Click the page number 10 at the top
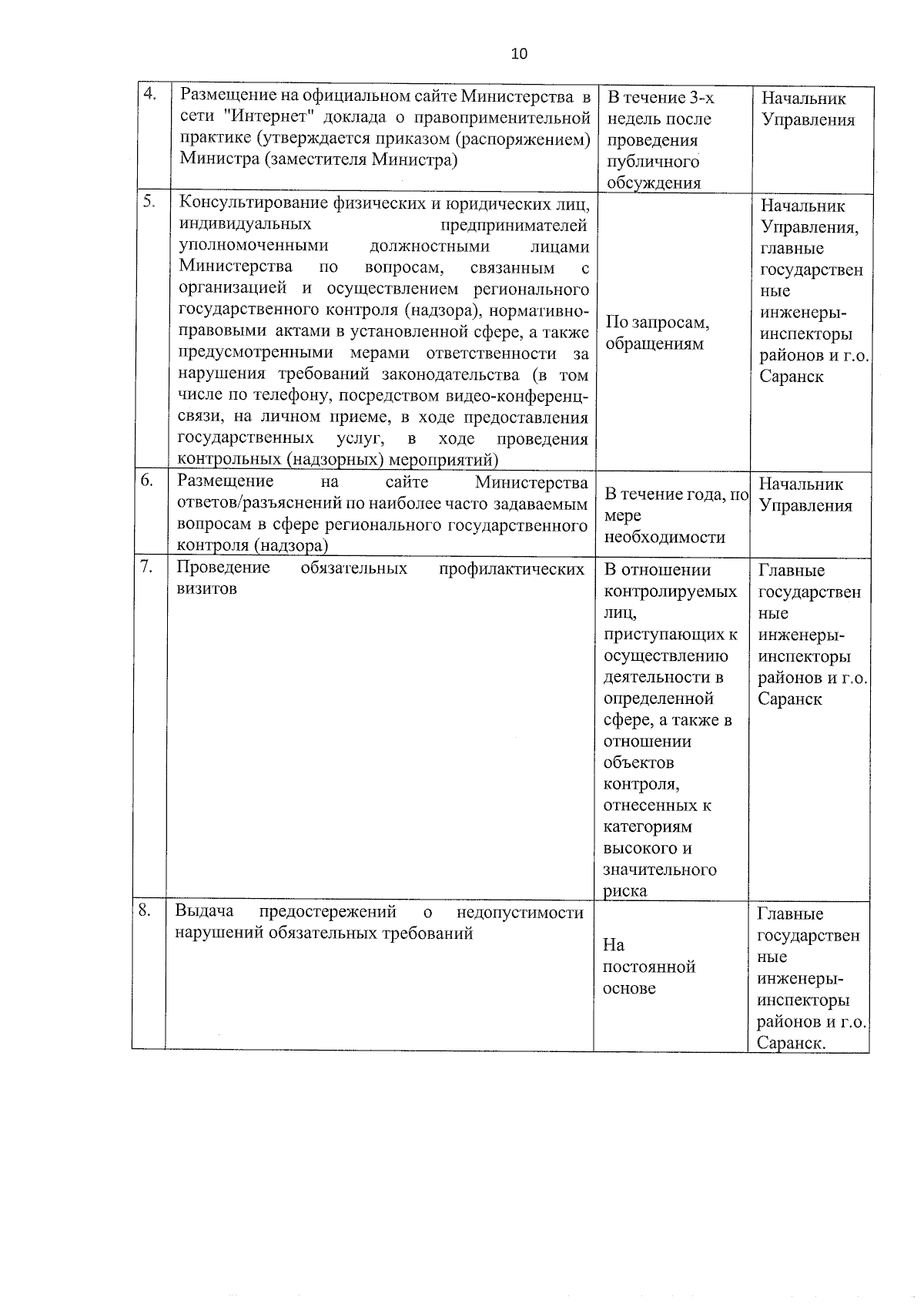tap(519, 53)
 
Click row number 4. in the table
tap(149, 94)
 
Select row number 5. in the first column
tap(149, 201)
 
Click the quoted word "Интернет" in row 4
tap(259, 118)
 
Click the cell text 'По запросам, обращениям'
tap(657, 333)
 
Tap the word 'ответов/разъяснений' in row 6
tap(252, 504)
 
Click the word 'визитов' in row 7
tap(206, 588)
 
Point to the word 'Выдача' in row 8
tap(204, 912)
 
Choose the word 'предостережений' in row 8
tap(327, 912)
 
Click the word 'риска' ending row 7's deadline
tap(625, 891)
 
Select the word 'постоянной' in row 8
tap(649, 967)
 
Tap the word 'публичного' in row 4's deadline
tap(652, 162)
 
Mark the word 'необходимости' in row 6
tap(665, 537)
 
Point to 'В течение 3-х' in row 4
tap(661, 98)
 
